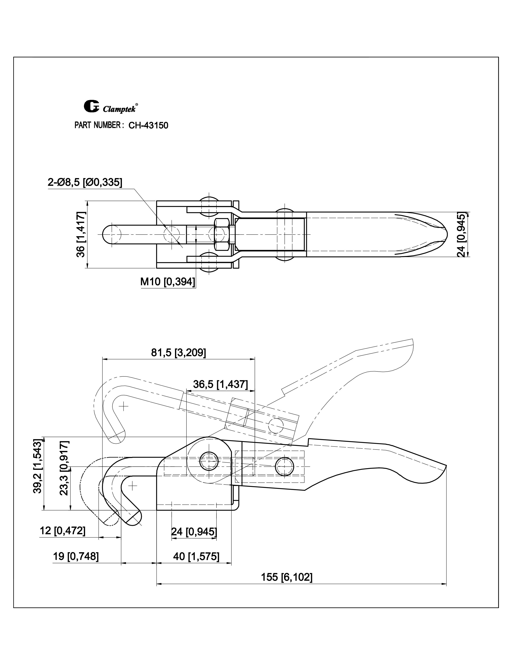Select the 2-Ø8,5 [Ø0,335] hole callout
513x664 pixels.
coord(85,182)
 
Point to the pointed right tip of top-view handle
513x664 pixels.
coord(446,234)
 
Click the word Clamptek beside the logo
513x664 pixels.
coord(119,109)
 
